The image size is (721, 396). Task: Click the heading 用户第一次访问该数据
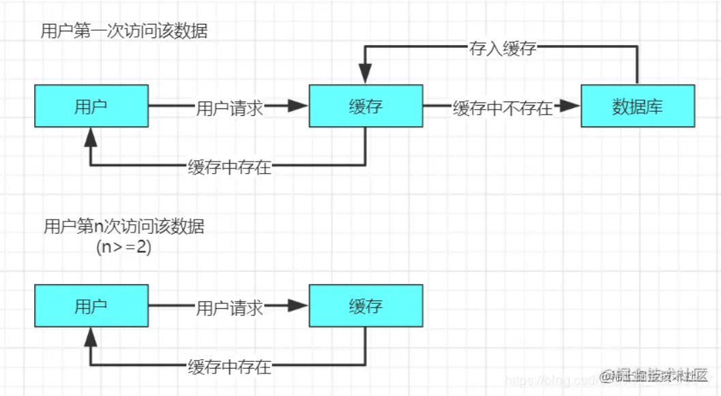tap(123, 32)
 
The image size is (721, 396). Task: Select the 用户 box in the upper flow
tap(91, 106)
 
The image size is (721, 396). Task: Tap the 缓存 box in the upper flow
tap(366, 106)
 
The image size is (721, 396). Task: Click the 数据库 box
tap(638, 106)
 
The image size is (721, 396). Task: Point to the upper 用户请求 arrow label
tap(229, 107)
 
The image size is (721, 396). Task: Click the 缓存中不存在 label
tap(502, 107)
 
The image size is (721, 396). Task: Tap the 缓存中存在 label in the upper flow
tap(229, 166)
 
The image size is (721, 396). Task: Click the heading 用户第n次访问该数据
tap(123, 226)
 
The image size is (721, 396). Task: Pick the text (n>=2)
tap(123, 247)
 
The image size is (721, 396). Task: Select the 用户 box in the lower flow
tap(91, 306)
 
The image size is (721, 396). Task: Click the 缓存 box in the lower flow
tap(366, 306)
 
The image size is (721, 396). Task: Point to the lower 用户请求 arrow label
tap(229, 307)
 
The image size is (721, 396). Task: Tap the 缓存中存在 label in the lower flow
tap(229, 366)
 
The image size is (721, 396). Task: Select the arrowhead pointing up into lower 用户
tap(91, 337)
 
